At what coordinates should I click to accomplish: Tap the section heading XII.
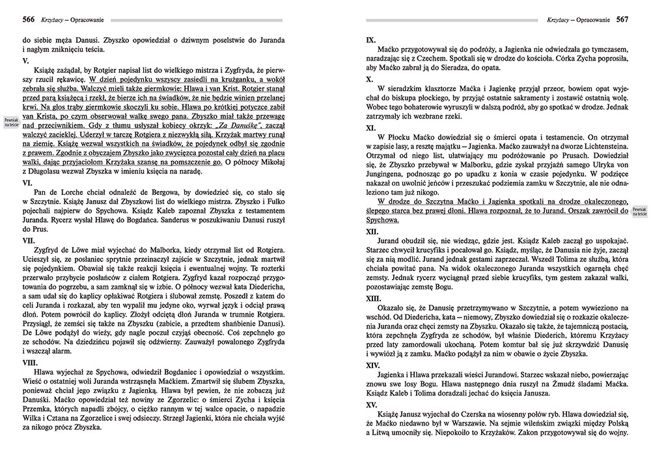(373, 231)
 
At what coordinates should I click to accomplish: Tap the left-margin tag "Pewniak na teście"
(10, 123)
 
